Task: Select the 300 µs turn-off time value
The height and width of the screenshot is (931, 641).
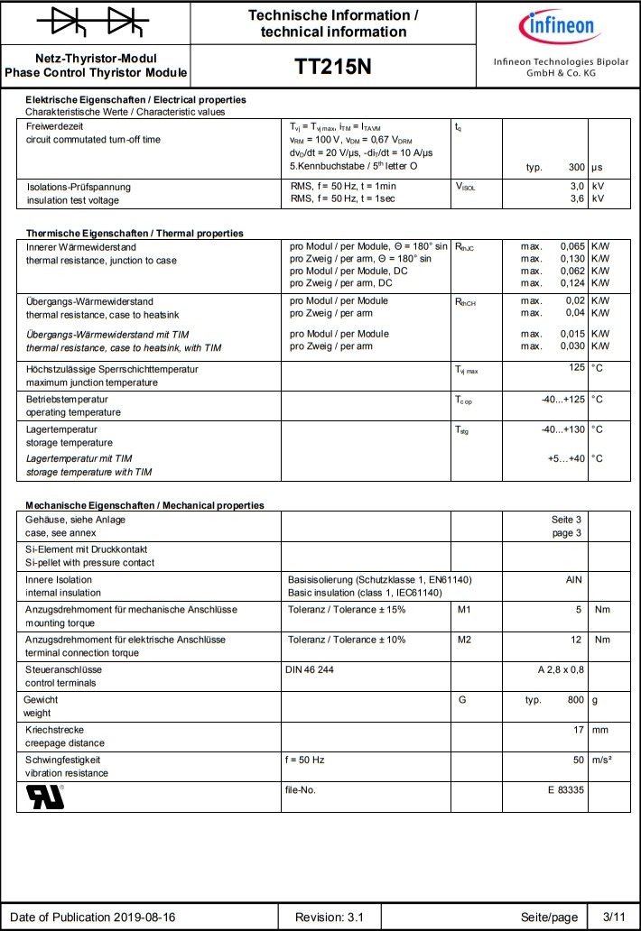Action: (x=576, y=168)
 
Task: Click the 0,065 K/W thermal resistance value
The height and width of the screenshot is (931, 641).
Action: (x=572, y=246)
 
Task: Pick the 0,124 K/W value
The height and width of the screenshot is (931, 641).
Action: (x=572, y=283)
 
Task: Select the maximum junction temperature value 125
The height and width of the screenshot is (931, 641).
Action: (x=577, y=368)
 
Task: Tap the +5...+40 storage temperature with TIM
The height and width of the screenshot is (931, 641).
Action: (x=567, y=458)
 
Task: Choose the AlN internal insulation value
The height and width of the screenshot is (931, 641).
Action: (x=573, y=579)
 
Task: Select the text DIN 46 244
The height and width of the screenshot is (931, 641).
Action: (x=311, y=669)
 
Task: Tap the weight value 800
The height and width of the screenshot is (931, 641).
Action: (x=576, y=700)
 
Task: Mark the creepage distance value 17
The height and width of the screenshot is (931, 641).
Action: (x=580, y=729)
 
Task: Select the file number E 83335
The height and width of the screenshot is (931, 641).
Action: (x=566, y=790)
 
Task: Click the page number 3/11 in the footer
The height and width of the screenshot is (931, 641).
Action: (x=614, y=917)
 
